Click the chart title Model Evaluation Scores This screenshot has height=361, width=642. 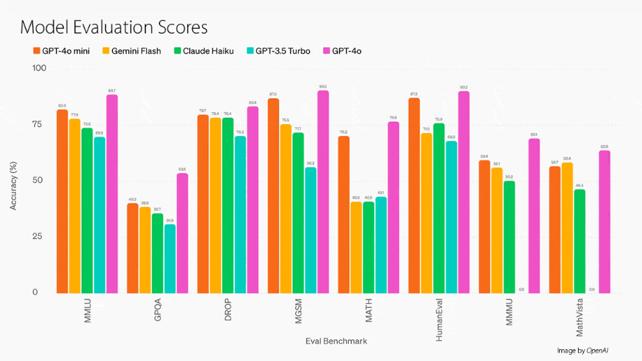pos(114,28)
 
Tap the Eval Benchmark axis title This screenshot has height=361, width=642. pos(336,341)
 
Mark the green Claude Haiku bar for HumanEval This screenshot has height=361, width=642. pos(439,208)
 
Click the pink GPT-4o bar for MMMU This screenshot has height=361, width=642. pos(534,215)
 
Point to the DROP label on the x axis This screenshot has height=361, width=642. pos(228,311)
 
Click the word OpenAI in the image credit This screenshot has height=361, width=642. pos(598,351)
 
